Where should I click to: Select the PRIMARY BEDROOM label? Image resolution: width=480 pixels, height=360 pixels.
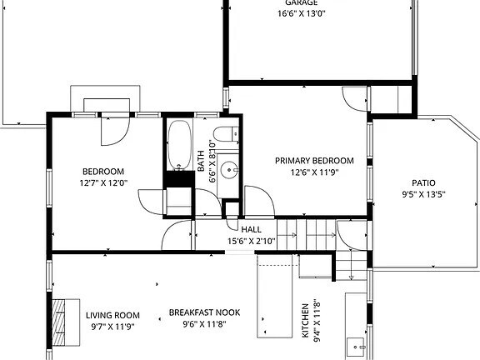[x=322, y=161]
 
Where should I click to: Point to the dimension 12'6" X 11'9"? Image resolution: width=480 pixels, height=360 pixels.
[x=322, y=172]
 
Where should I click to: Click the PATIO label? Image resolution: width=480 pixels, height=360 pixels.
[x=423, y=183]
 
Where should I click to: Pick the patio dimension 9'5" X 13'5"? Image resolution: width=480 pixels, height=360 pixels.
[x=423, y=196]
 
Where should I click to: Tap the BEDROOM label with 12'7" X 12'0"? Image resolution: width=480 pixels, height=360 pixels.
[x=102, y=171]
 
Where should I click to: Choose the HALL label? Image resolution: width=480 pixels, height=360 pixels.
[x=252, y=229]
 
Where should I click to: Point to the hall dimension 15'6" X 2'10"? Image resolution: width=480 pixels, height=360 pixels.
[x=252, y=241]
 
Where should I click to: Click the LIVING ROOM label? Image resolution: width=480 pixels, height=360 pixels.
[x=112, y=315]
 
